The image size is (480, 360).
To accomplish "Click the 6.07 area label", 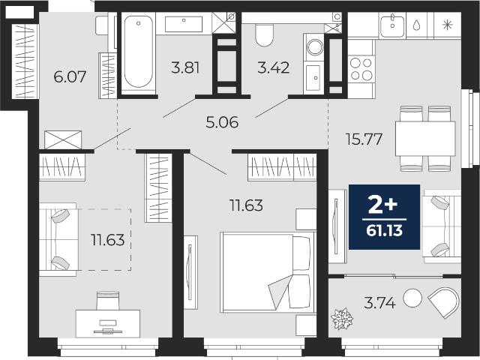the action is [70, 76].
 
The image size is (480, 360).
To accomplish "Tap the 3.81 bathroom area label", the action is [185, 67].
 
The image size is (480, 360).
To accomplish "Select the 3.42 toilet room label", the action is [273, 67].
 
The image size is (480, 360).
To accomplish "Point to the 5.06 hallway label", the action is [222, 122].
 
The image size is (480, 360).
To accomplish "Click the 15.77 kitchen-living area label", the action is [364, 139].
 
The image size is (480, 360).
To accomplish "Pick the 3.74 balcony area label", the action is [380, 303].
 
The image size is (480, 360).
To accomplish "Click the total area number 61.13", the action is [384, 230].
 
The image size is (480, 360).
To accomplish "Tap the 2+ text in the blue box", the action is [382, 205].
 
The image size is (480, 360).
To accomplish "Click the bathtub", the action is [138, 52].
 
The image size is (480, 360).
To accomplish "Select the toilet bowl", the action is [264, 35].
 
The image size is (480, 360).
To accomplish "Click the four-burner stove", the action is [361, 68].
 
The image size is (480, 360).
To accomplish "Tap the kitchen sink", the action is [392, 25].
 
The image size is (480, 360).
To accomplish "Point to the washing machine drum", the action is [314, 47].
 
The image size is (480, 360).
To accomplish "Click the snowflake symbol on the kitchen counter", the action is [448, 25].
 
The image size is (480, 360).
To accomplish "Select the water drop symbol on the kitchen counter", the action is [417, 25].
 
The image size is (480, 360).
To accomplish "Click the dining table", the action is [425, 139].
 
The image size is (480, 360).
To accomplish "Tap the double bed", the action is [268, 272].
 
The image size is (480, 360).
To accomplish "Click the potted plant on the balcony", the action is [342, 319].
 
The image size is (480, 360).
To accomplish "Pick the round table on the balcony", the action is [412, 298].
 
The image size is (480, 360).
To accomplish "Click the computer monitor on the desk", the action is [108, 323].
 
